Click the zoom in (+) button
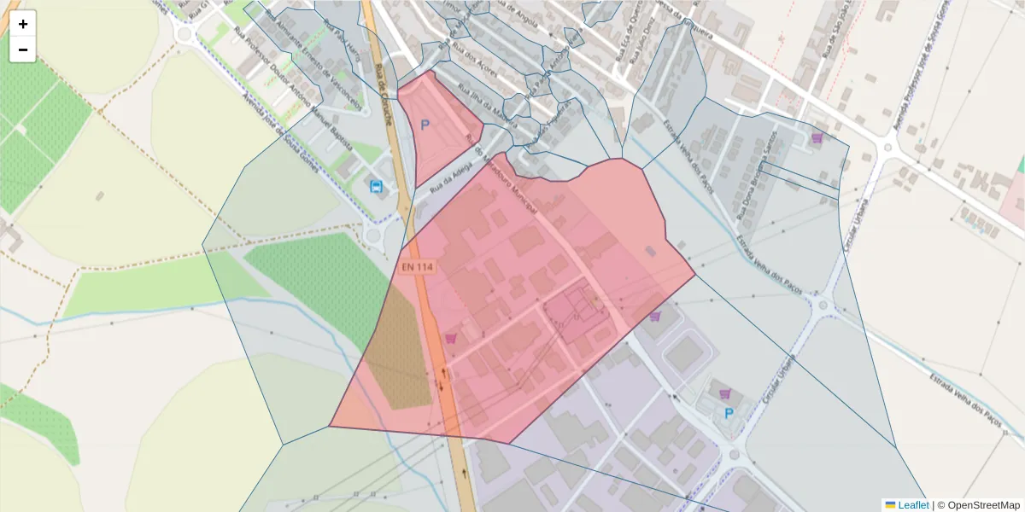23,24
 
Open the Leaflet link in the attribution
912,505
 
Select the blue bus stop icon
376,186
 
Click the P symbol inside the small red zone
425,125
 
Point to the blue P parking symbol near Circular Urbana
729,414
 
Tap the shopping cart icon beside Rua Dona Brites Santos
817,137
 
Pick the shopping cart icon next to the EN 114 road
451,338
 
